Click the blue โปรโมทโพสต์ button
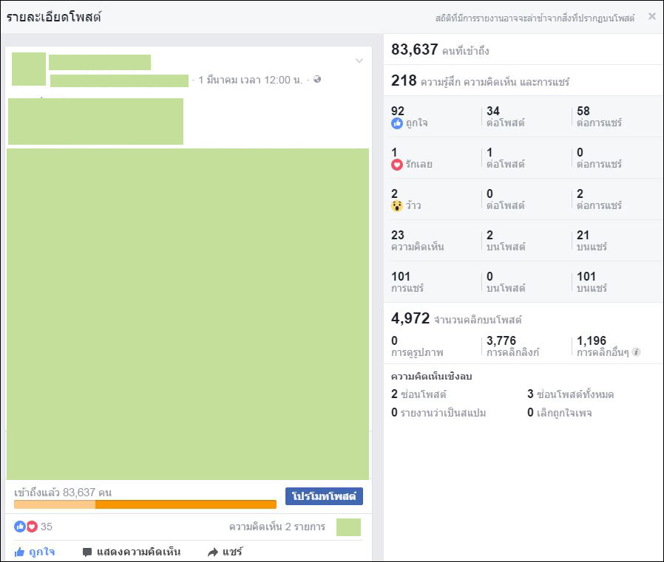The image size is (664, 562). point(324,496)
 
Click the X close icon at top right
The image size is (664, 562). point(651,16)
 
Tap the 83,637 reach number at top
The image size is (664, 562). point(414,49)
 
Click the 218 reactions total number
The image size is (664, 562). point(404,80)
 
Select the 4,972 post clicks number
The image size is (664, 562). point(410,318)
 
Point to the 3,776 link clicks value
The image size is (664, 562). point(501,341)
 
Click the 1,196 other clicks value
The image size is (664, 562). point(592,341)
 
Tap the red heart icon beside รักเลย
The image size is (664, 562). point(397,164)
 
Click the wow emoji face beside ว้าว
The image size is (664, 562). point(397,205)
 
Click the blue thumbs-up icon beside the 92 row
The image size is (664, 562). point(397,123)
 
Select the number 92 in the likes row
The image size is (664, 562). point(398,112)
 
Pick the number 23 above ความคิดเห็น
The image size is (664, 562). point(398,236)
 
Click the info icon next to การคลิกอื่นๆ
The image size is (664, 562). point(636,352)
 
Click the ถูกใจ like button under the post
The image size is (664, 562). point(35,552)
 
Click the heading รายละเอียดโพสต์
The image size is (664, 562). point(54,17)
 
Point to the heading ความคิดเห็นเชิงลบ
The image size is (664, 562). point(431,377)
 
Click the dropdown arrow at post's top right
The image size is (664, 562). point(359,61)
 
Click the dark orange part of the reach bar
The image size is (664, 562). point(185,504)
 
